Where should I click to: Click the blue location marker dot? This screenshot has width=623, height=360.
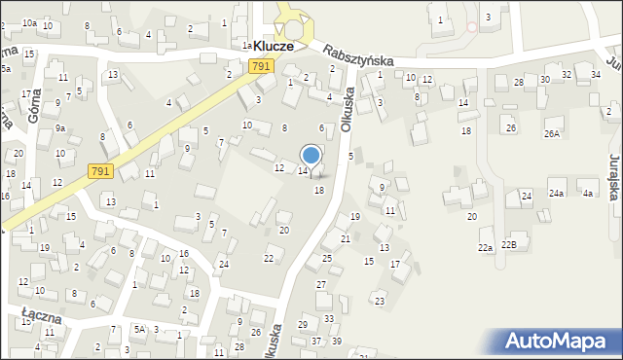pyautogui.click(x=311, y=155)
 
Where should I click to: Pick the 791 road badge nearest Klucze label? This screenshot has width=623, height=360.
pyautogui.click(x=259, y=66)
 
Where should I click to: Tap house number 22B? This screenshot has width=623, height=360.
pyautogui.click(x=509, y=244)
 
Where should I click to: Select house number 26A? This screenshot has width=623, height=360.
pyautogui.click(x=552, y=133)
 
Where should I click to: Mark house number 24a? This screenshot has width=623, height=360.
pyautogui.click(x=556, y=194)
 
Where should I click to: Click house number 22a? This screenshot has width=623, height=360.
pyautogui.click(x=484, y=248)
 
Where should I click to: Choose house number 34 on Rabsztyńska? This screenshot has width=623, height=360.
pyautogui.click(x=595, y=75)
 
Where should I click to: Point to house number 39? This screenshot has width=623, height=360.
pyautogui.click(x=337, y=341)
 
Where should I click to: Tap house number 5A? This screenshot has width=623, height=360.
pyautogui.click(x=140, y=329)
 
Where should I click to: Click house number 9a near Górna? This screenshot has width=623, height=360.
pyautogui.click(x=59, y=127)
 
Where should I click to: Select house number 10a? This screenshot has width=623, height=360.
pyautogui.click(x=29, y=22)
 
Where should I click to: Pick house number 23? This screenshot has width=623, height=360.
pyautogui.click(x=380, y=301)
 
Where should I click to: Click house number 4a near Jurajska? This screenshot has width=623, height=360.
pyautogui.click(x=587, y=194)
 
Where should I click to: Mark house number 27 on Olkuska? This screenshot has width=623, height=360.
pyautogui.click(x=321, y=284)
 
